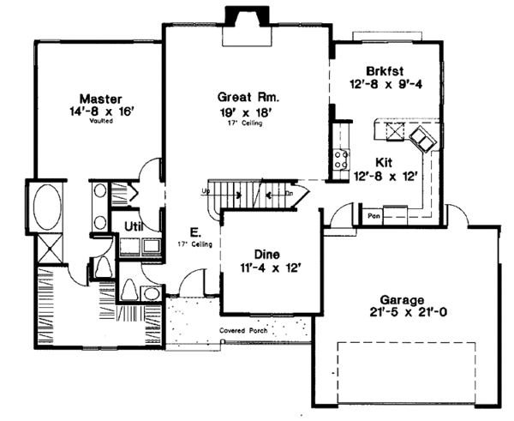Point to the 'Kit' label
tap(385, 160)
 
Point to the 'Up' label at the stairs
tap(206, 190)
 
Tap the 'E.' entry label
tap(195, 232)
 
